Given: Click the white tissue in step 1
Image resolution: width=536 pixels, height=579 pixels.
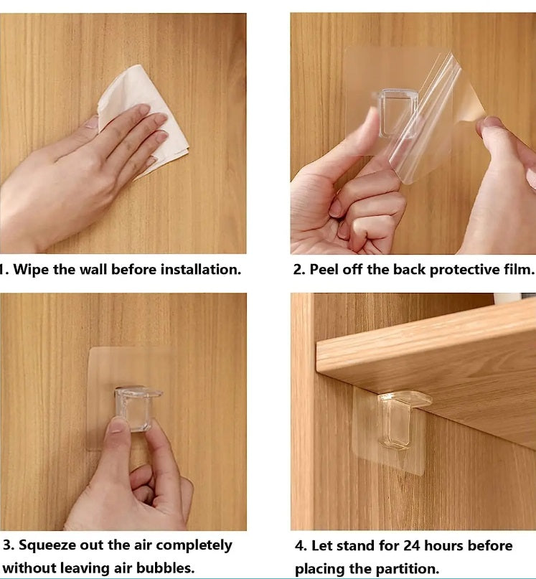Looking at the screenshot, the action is (x=148, y=110).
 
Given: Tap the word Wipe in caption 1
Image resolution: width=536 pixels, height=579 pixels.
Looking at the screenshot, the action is (x=31, y=270).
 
